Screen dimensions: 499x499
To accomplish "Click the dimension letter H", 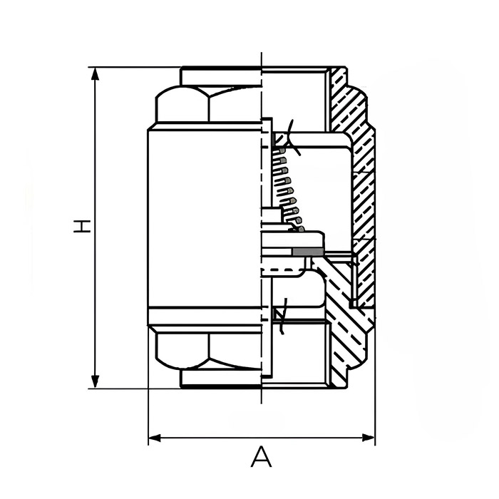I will pyautogui.click(x=83, y=227).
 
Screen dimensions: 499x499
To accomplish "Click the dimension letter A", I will pyautogui.click(x=262, y=456).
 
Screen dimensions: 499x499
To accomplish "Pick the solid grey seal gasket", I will pyautogui.click(x=307, y=252).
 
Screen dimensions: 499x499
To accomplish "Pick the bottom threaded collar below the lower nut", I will pyautogui.click(x=221, y=379).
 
